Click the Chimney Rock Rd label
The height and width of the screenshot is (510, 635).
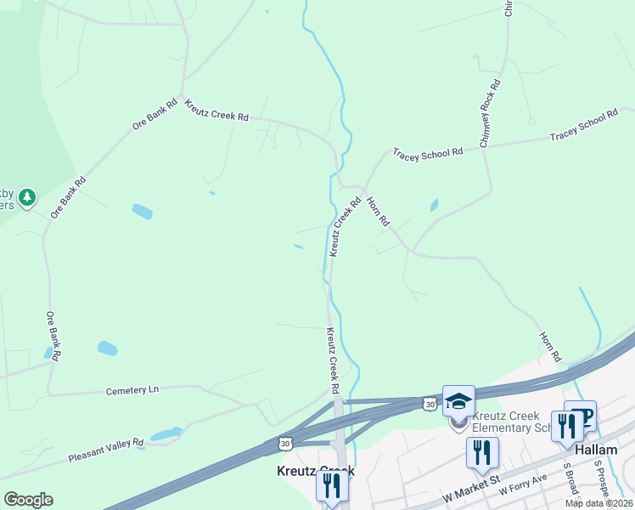(491, 114)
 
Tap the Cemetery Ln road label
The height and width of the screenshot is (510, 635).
(132, 390)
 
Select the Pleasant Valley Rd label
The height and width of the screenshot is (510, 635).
(106, 448)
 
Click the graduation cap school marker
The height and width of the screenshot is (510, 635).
(458, 401)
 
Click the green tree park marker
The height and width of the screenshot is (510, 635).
(28, 197)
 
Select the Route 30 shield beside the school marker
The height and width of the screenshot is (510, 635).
(430, 405)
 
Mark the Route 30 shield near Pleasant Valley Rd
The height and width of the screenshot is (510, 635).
(286, 443)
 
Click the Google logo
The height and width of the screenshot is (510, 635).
(28, 499)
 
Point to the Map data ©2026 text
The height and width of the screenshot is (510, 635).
(598, 503)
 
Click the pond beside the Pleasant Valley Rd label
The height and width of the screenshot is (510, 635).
(166, 435)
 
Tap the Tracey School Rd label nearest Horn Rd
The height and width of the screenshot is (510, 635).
(427, 152)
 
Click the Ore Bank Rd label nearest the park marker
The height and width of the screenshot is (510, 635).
(69, 196)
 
